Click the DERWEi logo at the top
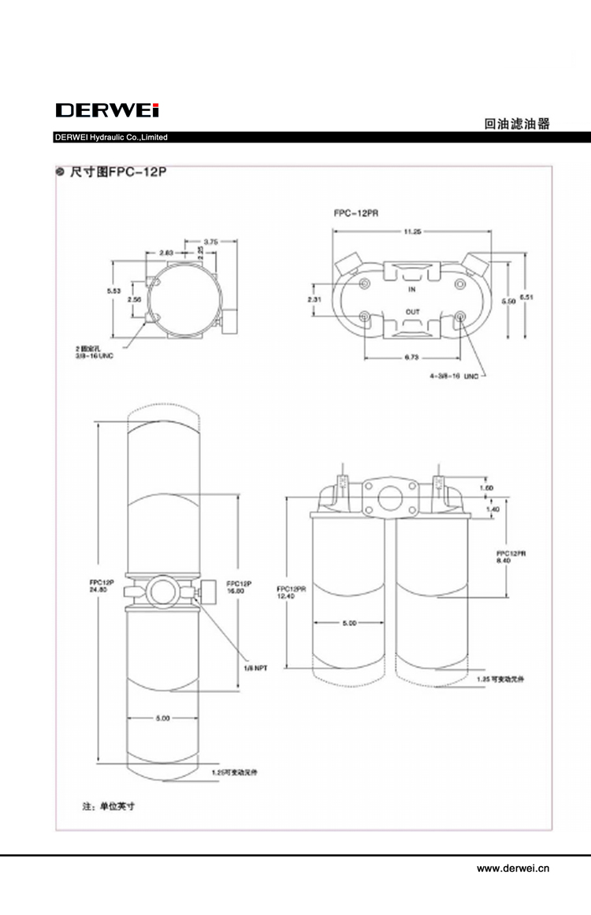[x=107, y=111]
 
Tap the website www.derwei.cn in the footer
[x=512, y=869]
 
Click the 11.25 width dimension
[x=413, y=232]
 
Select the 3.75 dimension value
[x=210, y=241]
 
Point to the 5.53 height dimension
[x=114, y=291]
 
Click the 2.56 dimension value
[x=134, y=300]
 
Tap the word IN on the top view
[x=412, y=290]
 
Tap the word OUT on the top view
[x=412, y=312]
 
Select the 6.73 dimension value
[x=412, y=357]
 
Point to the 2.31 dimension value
[x=314, y=299]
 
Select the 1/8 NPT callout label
[x=256, y=668]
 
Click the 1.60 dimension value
[x=486, y=488]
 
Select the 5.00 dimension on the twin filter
[x=350, y=623]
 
